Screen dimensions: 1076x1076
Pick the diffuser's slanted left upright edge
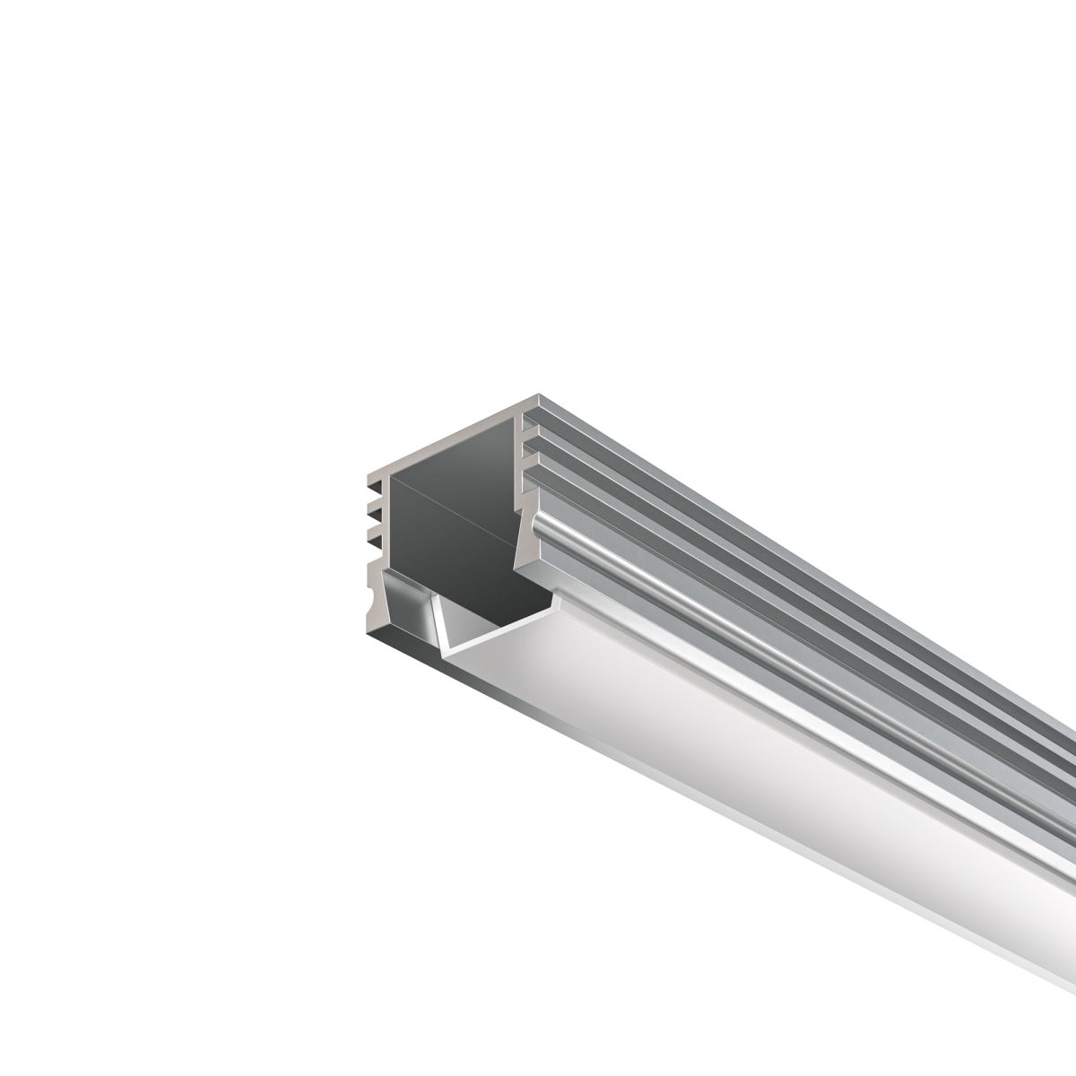pos(440,623)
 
